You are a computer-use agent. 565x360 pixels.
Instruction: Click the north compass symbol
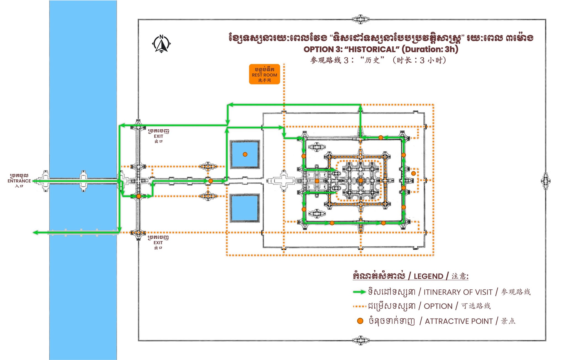click(x=161, y=44)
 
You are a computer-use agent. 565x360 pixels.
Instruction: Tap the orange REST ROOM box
click(x=264, y=74)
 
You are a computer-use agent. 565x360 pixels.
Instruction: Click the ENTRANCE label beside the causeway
click(x=19, y=181)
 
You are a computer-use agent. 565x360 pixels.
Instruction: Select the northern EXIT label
click(x=158, y=136)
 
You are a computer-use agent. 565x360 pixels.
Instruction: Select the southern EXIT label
click(x=158, y=243)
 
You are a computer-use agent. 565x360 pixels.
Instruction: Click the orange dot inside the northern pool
click(x=245, y=154)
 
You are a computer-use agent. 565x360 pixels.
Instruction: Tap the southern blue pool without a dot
click(x=244, y=208)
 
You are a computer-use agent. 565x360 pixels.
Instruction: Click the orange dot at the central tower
click(x=361, y=180)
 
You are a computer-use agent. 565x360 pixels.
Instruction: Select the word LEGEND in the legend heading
click(x=428, y=276)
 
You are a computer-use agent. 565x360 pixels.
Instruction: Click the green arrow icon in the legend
click(x=359, y=292)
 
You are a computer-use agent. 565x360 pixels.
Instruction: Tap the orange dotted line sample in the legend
click(x=359, y=306)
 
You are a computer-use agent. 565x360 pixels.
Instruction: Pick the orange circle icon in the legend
click(x=360, y=321)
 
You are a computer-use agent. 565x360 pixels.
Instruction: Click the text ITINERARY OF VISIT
click(x=458, y=292)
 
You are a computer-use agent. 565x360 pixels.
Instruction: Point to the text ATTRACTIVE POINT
click(x=459, y=321)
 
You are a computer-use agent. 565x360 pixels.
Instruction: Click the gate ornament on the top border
click(x=361, y=19)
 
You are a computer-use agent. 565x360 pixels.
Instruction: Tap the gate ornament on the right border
click(x=546, y=181)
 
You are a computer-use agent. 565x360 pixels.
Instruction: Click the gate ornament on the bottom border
click(x=361, y=340)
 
